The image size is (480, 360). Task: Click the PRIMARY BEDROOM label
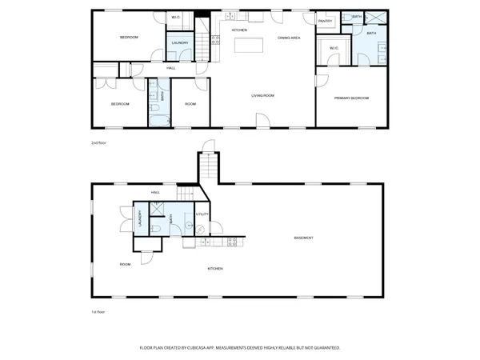(x=352, y=98)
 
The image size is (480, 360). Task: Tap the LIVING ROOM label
(x=262, y=96)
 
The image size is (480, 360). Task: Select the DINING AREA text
(x=289, y=38)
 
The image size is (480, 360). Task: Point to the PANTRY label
(x=326, y=21)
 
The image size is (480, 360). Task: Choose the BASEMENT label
(x=303, y=238)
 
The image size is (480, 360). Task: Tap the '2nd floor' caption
(x=98, y=142)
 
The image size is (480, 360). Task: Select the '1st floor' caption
(x=98, y=311)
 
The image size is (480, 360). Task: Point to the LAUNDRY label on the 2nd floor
(x=179, y=42)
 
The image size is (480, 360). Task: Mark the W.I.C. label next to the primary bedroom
(x=334, y=47)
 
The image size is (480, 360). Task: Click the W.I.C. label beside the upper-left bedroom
(x=176, y=18)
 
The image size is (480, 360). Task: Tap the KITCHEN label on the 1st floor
(x=215, y=269)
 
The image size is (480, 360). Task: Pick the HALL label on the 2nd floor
(x=171, y=68)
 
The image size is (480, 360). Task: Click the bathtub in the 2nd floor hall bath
(x=158, y=119)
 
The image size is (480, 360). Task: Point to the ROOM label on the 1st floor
(x=125, y=264)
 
